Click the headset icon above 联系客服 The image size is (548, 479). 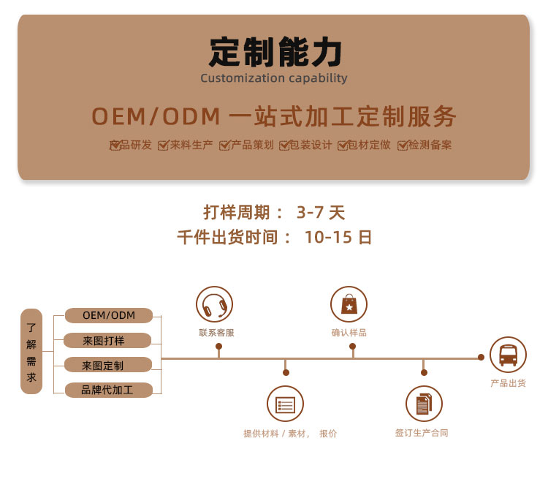(x=214, y=304)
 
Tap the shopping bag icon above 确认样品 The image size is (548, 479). (x=349, y=304)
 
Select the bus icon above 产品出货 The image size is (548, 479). (x=508, y=355)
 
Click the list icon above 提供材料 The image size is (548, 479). (x=285, y=404)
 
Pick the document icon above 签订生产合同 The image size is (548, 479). (x=424, y=404)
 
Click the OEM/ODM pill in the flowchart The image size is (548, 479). (x=109, y=315)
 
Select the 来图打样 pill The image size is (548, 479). (x=107, y=341)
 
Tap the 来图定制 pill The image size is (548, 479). (x=108, y=366)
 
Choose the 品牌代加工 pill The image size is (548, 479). (x=109, y=390)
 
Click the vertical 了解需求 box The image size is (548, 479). (x=31, y=351)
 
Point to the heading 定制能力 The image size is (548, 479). (x=275, y=52)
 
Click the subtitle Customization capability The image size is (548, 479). (x=274, y=78)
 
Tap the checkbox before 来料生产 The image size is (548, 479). (x=163, y=146)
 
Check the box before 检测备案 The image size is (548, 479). (x=403, y=146)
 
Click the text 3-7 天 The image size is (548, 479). (x=321, y=212)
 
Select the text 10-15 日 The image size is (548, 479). (x=338, y=237)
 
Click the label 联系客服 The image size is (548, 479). (x=217, y=333)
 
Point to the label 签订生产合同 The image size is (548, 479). (x=422, y=433)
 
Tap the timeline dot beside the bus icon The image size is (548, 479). (x=482, y=357)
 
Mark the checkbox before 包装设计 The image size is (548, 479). (x=284, y=146)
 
